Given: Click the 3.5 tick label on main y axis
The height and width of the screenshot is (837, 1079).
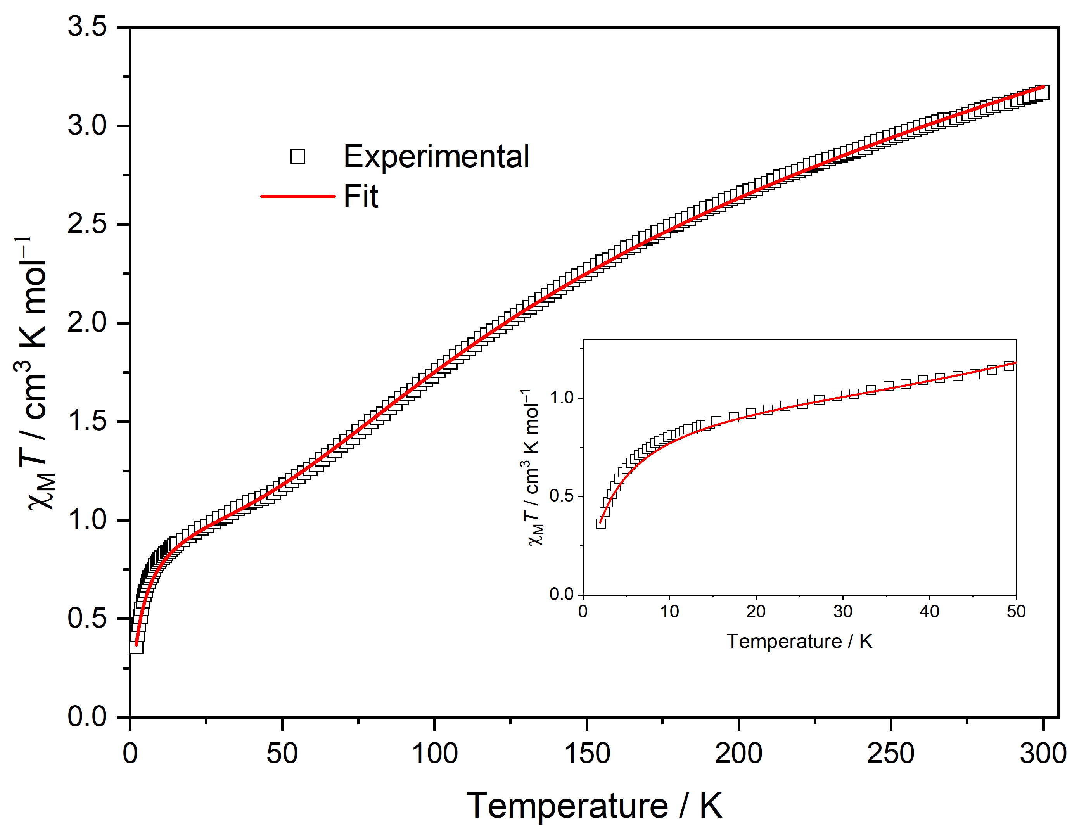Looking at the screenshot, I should click(x=87, y=26).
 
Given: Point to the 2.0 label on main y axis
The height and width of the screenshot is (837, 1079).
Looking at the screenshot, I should click(x=87, y=323).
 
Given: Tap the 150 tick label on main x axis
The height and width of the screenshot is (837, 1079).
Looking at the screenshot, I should click(x=586, y=754).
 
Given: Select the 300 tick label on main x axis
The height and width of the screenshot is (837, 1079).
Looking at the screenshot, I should click(x=1043, y=754).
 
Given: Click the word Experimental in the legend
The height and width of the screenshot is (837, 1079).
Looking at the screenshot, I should click(x=436, y=157).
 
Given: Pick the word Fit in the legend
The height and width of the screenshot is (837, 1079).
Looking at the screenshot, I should click(x=360, y=197).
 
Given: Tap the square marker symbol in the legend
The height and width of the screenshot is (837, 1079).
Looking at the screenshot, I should click(x=297, y=157).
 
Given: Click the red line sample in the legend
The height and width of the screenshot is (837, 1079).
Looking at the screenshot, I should click(x=297, y=197).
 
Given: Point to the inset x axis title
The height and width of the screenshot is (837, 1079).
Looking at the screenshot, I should click(x=799, y=642).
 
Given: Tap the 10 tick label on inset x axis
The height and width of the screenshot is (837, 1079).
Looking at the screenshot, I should click(x=669, y=612).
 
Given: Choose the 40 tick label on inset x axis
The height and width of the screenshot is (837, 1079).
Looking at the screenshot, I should click(x=929, y=612).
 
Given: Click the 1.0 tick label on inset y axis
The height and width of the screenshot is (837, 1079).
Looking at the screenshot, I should click(x=561, y=398).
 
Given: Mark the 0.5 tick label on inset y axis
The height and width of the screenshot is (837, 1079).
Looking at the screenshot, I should click(x=561, y=496).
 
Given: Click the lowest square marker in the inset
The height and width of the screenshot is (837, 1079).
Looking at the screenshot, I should click(x=600, y=523).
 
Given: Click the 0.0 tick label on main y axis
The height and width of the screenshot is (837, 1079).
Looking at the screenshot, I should click(x=87, y=716).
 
